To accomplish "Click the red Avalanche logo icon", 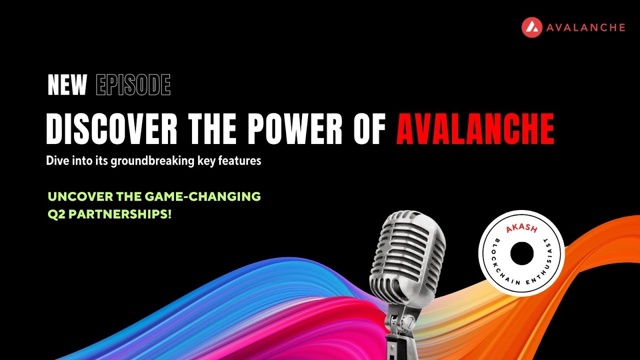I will pos(532,27).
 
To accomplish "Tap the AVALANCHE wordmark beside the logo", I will pos(585,27).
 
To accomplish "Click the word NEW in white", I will pos(67,85).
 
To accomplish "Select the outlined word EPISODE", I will pos(133,85).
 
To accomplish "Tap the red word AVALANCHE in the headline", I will pos(475,129).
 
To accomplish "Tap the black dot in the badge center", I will pos(522,253).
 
